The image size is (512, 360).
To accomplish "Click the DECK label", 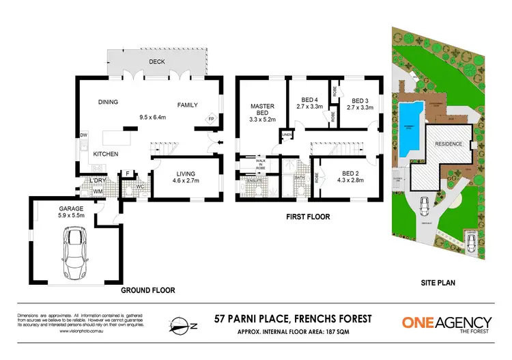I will point(156,61).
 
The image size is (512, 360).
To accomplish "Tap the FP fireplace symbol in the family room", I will point(212,118).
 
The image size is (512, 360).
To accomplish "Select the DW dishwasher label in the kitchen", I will point(83,135).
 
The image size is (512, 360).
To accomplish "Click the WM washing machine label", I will point(98,191).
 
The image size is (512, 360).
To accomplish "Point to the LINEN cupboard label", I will point(287,135).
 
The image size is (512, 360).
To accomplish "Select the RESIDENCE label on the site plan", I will point(450,144).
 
